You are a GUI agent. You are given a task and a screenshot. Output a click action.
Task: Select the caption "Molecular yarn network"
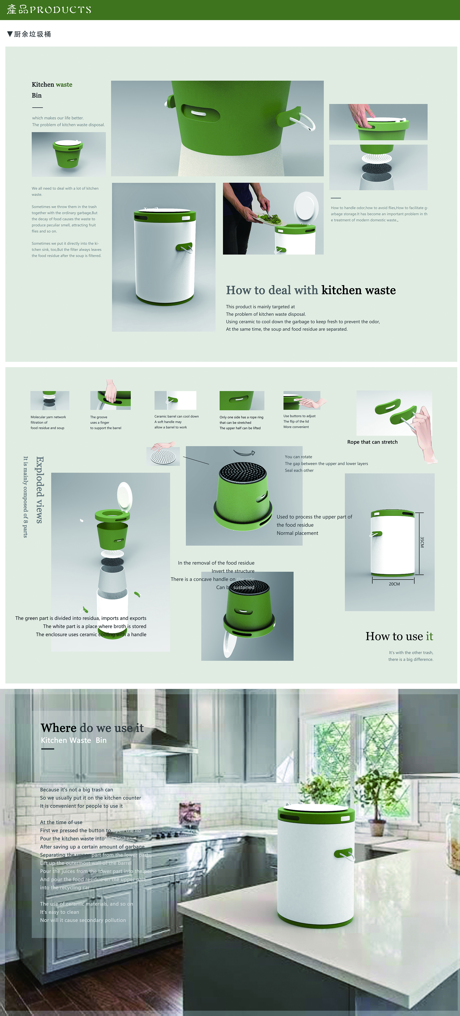pos(48,417)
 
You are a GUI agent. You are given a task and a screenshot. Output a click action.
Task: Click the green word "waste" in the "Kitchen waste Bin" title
pos(64,84)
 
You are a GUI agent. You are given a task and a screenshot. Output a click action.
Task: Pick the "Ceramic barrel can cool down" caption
pos(176,416)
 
